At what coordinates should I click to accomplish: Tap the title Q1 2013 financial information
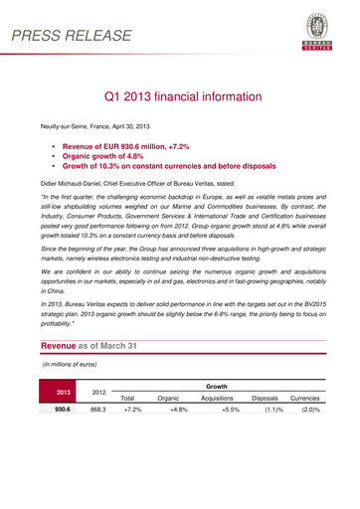(x=179, y=100)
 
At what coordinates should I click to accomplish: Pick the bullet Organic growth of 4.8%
(x=115, y=156)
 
